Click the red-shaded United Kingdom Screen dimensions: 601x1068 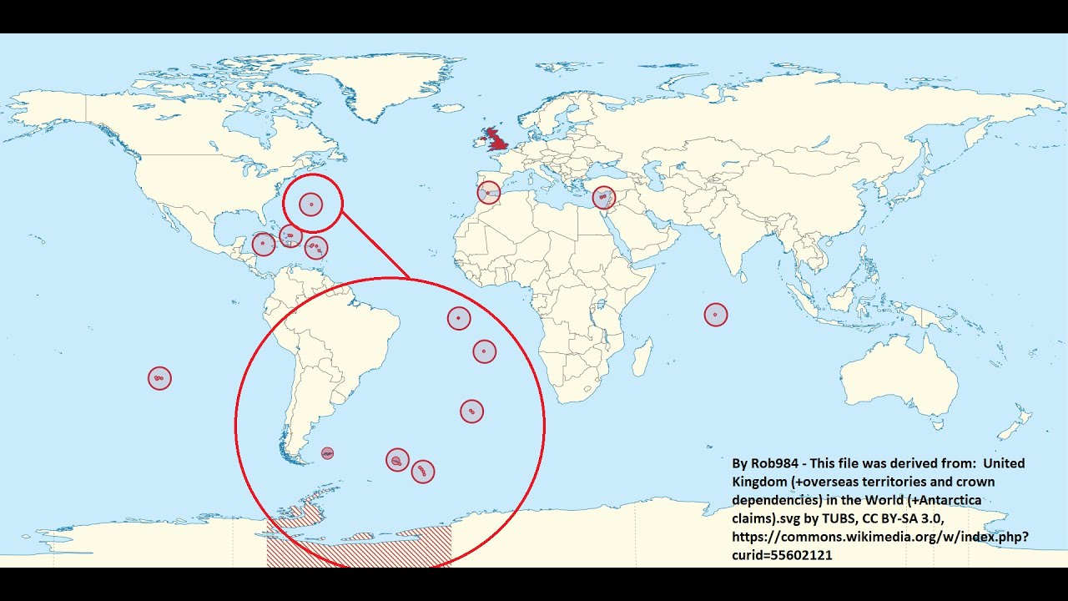pyautogui.click(x=499, y=139)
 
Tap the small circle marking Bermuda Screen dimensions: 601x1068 pyautogui.click(x=311, y=203)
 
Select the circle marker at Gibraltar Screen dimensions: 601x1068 pyautogui.click(x=488, y=193)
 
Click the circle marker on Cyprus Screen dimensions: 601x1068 pyautogui.click(x=603, y=198)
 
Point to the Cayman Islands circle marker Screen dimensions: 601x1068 pyautogui.click(x=264, y=245)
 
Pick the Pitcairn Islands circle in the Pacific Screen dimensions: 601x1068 pyautogui.click(x=159, y=378)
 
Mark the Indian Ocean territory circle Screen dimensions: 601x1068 pyautogui.click(x=716, y=315)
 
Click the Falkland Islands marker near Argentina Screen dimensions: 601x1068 pyautogui.click(x=328, y=453)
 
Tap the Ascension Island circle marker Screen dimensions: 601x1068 pyautogui.click(x=459, y=318)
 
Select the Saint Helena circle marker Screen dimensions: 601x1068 pyautogui.click(x=485, y=351)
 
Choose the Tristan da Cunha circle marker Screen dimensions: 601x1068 pyautogui.click(x=471, y=411)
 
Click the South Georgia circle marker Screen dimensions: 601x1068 pyautogui.click(x=397, y=460)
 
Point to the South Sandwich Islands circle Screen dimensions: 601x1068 pyautogui.click(x=423, y=472)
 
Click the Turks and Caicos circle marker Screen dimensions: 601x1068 pyautogui.click(x=290, y=236)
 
